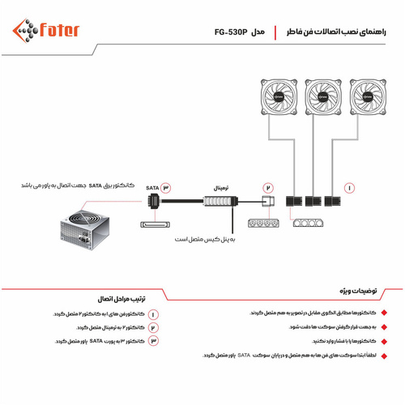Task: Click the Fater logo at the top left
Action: tap(46, 31)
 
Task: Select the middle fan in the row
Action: tap(320, 96)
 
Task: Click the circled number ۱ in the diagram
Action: tap(350, 187)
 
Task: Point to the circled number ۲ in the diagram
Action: tap(269, 187)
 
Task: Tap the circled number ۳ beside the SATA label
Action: tap(167, 187)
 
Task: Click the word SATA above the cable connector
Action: tap(151, 187)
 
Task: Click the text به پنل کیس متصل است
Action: tap(207, 240)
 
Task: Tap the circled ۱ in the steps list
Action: tap(153, 313)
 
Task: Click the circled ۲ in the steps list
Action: tap(153, 327)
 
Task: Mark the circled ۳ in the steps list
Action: tap(153, 342)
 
